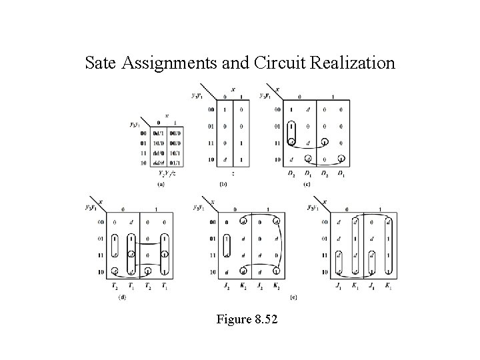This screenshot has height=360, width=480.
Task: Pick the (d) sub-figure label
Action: coord(122,298)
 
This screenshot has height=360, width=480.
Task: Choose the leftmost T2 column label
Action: coord(115,287)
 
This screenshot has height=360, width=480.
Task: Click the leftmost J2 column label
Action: coord(227,287)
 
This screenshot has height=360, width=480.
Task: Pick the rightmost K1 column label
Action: coord(389,287)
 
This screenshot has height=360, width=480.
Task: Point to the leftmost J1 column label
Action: coord(339,287)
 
